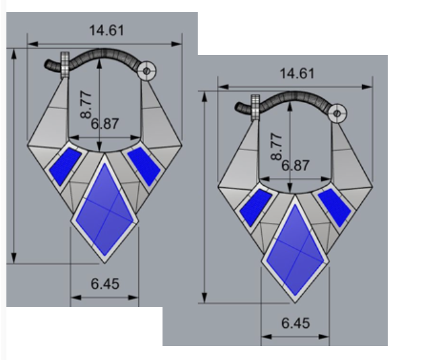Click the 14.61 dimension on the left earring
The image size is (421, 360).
pyautogui.click(x=107, y=30)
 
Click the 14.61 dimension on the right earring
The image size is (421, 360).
pyautogui.click(x=297, y=74)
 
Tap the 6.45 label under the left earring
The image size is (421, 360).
pyautogui.click(x=105, y=284)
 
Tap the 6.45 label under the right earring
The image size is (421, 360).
pyautogui.click(x=296, y=323)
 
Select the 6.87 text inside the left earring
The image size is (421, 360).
pyautogui.click(x=105, y=124)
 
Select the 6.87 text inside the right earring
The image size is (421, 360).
pyautogui.click(x=296, y=165)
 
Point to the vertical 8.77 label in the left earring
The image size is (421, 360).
pyautogui.click(x=86, y=105)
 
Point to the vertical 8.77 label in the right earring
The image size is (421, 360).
pyautogui.click(x=277, y=147)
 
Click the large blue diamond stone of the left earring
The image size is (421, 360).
pyautogui.click(x=105, y=209)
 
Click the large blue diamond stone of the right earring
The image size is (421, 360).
pyautogui.click(x=296, y=250)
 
